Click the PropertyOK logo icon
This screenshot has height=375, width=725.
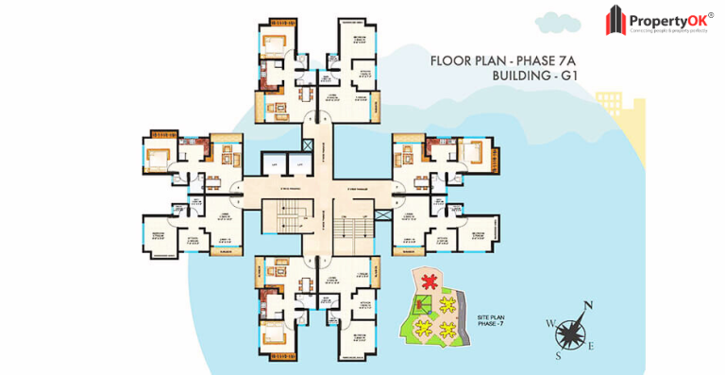pos(615,19)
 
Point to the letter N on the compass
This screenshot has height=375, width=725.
pos(588,305)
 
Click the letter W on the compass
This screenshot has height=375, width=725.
pos(550,324)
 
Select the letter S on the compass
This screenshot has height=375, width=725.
pos(558,355)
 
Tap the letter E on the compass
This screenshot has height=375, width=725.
pos(592,345)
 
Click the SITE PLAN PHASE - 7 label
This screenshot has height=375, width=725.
pos(492,320)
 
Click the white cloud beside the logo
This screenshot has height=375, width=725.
pos(556,22)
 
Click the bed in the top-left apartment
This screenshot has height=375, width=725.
pos(276,43)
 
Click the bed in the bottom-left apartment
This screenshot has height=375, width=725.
pos(275,332)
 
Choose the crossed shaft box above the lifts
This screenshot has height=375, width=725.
pos(308,145)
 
